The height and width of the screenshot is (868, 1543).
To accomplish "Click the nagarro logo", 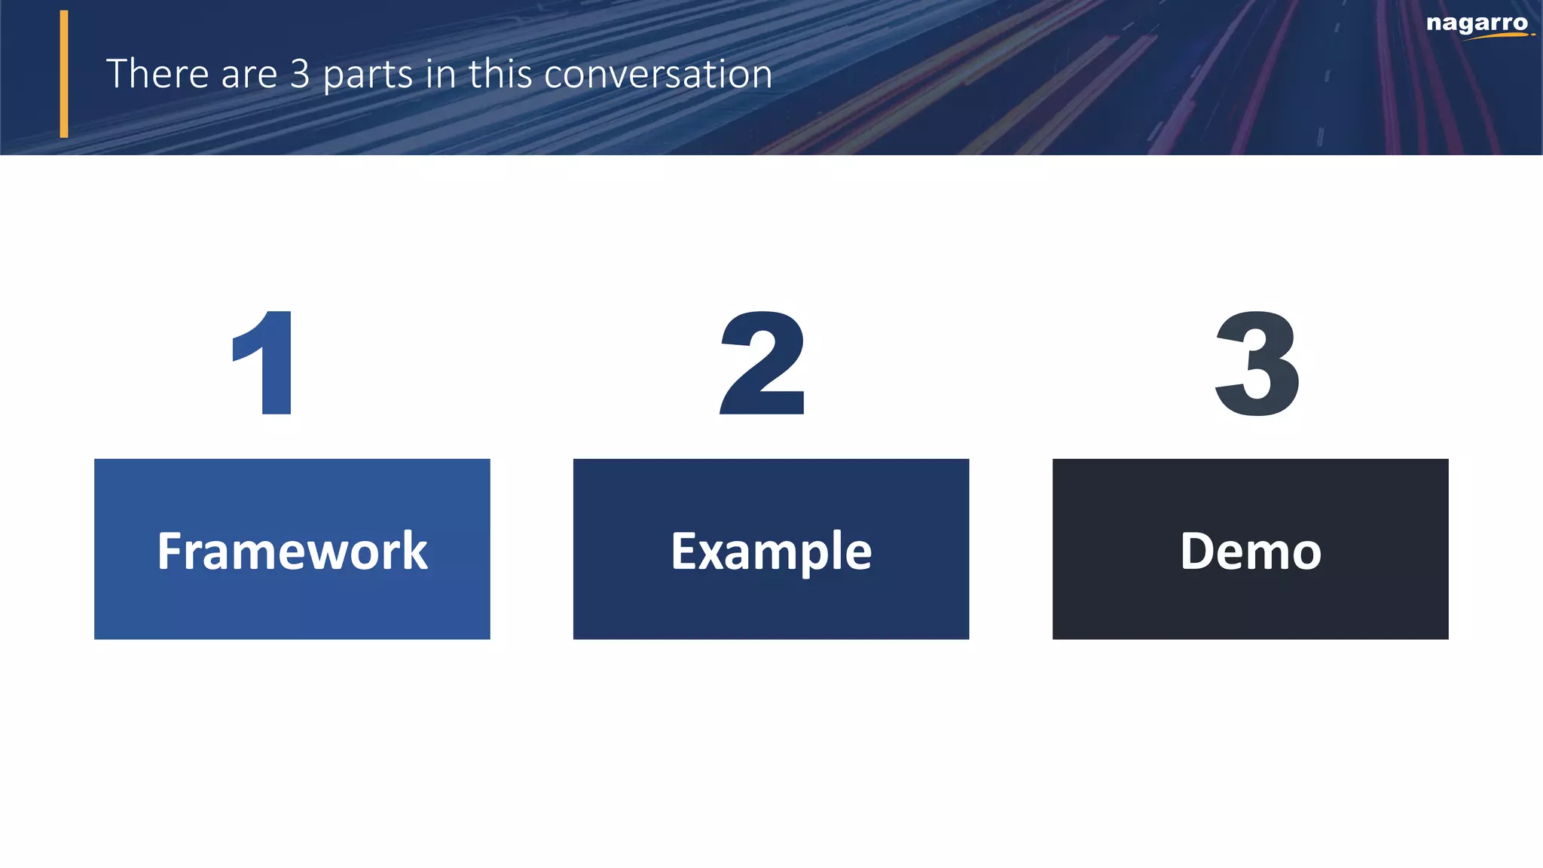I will coord(1477,25).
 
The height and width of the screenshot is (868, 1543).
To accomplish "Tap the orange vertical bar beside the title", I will coord(64,74).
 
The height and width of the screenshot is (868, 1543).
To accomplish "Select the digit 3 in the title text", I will coord(300,74).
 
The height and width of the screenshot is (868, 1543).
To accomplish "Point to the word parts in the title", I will coord(368,75).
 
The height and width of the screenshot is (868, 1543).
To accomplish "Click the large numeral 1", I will coord(265,363).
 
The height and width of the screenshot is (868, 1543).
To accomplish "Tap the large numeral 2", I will coord(762,363).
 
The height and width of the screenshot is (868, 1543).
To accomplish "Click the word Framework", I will coord(292,551).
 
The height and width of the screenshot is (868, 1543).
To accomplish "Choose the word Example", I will coord(771,552).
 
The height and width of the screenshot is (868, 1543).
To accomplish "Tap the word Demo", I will coord(1250,551).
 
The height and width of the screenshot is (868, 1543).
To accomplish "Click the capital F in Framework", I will coord(170,551).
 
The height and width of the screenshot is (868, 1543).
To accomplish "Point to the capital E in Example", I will coord(683,551).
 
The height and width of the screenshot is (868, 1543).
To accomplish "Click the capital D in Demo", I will coord(1198,551).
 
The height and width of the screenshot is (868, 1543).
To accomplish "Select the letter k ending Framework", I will coord(414,551).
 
